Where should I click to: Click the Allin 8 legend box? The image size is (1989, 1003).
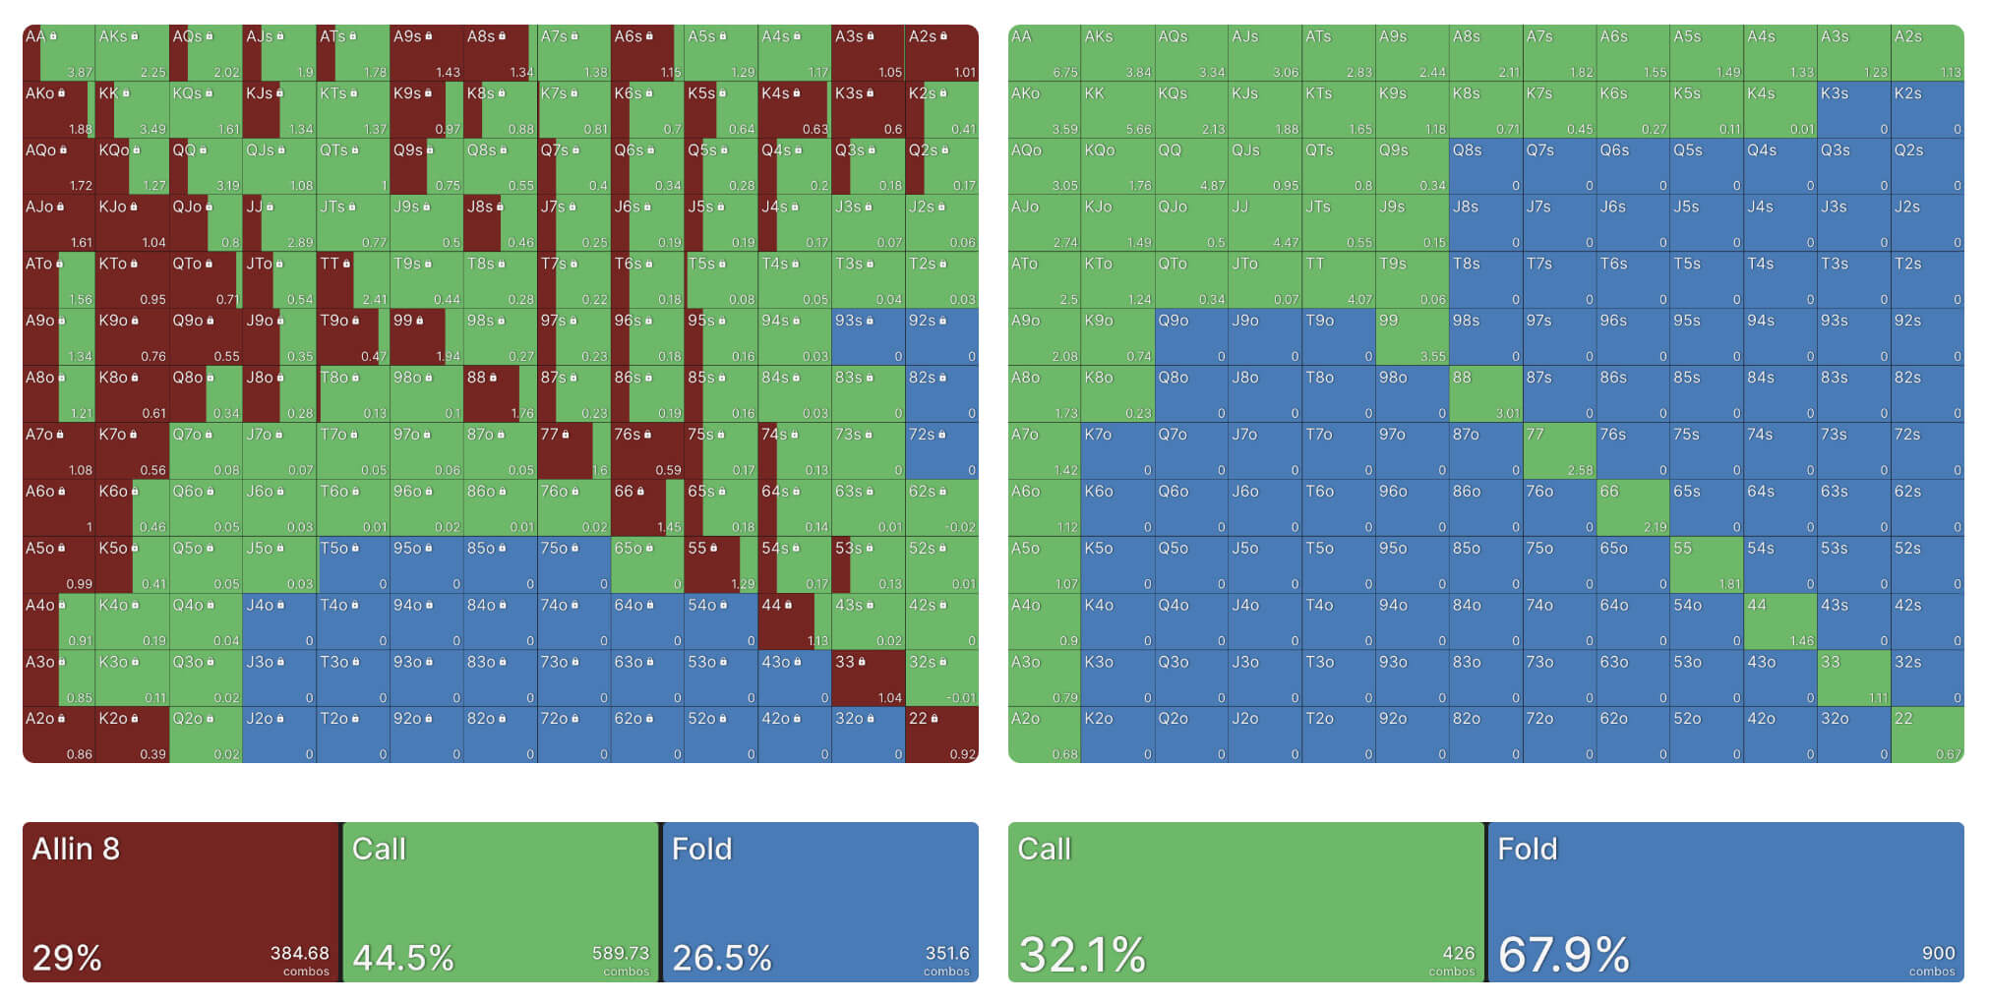coord(181,902)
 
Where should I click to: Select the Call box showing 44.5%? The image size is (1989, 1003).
coord(501,902)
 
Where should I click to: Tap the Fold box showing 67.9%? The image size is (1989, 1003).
coord(1725,902)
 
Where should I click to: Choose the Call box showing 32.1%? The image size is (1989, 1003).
coord(1246,902)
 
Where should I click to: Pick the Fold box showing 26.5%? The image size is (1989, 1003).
coord(820,902)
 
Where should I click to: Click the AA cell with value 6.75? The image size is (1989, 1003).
coord(1044,53)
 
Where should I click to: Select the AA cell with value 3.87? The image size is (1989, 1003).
coord(59,53)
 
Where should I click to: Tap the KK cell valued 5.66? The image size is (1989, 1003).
coord(1117,110)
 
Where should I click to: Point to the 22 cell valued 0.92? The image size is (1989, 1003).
coord(941,736)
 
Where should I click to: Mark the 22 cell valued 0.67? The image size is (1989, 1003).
coord(1928,736)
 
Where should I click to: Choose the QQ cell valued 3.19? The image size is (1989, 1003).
coord(206,166)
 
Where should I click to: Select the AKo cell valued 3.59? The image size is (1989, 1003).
coord(1044,110)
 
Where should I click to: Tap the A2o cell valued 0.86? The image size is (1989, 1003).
coord(59,736)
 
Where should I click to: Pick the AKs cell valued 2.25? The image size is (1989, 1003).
coord(133,53)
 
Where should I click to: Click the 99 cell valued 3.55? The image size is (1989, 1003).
coord(1412,337)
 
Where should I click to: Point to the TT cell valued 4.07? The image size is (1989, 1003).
coord(1338,280)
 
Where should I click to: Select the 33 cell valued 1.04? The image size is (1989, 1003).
coord(868,678)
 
